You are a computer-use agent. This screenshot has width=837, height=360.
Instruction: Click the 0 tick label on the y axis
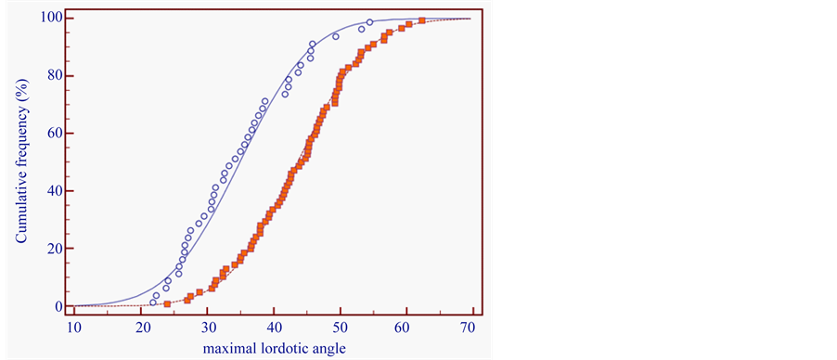[58, 306]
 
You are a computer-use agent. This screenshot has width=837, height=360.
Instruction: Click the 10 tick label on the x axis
[75, 328]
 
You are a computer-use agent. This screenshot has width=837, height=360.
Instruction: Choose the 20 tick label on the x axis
[142, 328]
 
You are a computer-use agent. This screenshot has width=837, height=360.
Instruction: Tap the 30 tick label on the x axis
[208, 328]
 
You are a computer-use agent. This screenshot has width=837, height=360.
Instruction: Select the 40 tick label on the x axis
[274, 328]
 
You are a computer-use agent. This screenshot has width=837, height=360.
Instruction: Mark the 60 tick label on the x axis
[406, 328]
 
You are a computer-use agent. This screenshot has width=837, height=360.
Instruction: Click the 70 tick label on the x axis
[470, 328]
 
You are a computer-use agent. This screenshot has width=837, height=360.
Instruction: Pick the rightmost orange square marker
[422, 20]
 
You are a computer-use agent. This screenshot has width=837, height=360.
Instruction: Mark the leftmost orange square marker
[167, 303]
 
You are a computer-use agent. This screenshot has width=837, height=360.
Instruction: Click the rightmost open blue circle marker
[369, 22]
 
